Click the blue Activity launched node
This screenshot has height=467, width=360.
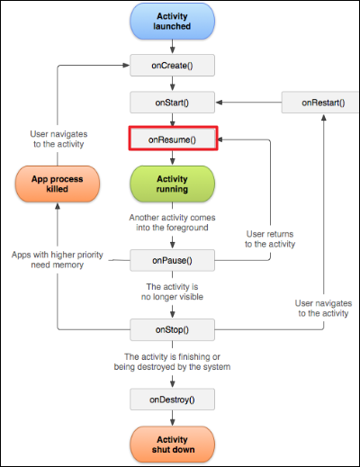coord(172,22)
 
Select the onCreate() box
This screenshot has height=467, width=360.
coord(172,65)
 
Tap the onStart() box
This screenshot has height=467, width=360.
coord(172,103)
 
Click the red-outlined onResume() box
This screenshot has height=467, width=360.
coord(173,139)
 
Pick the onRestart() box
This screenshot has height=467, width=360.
coord(320,103)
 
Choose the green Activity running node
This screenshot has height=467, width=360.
coord(172,184)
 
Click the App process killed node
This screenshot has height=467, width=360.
coord(58,184)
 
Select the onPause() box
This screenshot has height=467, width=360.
coord(172,260)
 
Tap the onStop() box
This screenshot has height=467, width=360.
coord(172,329)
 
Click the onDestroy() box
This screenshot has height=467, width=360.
coord(172,400)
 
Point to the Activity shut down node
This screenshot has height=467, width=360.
coord(173,445)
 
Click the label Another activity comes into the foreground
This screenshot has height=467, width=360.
coord(172,222)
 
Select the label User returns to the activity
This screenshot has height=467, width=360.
coord(270,238)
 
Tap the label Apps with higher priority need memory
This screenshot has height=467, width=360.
coord(58,259)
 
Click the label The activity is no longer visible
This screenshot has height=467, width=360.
coord(172,292)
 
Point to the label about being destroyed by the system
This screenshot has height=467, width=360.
coord(172,362)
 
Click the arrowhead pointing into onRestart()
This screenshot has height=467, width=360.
coord(324,117)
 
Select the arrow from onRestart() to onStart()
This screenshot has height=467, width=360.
coord(248,103)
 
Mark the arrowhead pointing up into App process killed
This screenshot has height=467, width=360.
coord(58,206)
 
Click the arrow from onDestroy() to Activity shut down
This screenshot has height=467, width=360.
coord(172,418)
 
